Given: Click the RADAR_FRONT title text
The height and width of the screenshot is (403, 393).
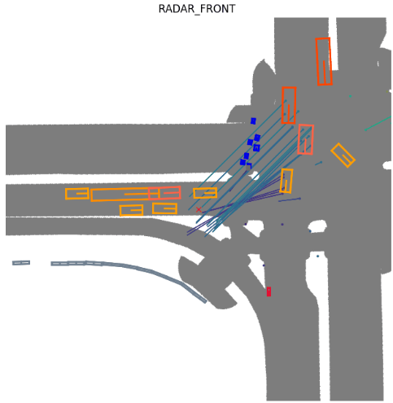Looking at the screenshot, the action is click(x=197, y=9).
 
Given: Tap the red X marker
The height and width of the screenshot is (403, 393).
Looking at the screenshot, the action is click(x=199, y=209).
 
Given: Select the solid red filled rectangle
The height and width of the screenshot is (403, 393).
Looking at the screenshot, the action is click(x=269, y=291).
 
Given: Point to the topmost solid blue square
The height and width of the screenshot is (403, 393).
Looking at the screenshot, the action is click(x=253, y=120).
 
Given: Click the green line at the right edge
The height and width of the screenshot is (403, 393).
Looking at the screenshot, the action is click(x=378, y=123).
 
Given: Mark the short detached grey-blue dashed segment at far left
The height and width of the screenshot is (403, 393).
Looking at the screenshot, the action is click(x=21, y=263).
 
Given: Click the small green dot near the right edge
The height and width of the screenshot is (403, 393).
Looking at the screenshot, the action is click(x=350, y=96).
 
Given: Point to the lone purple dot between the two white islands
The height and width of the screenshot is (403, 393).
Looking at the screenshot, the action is click(x=282, y=225).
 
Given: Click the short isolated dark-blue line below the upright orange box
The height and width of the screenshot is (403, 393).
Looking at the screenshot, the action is click(x=290, y=200).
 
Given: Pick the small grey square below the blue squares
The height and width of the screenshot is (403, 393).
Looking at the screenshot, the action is click(x=248, y=168).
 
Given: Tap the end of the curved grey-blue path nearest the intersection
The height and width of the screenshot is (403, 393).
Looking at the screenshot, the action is click(x=205, y=301).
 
